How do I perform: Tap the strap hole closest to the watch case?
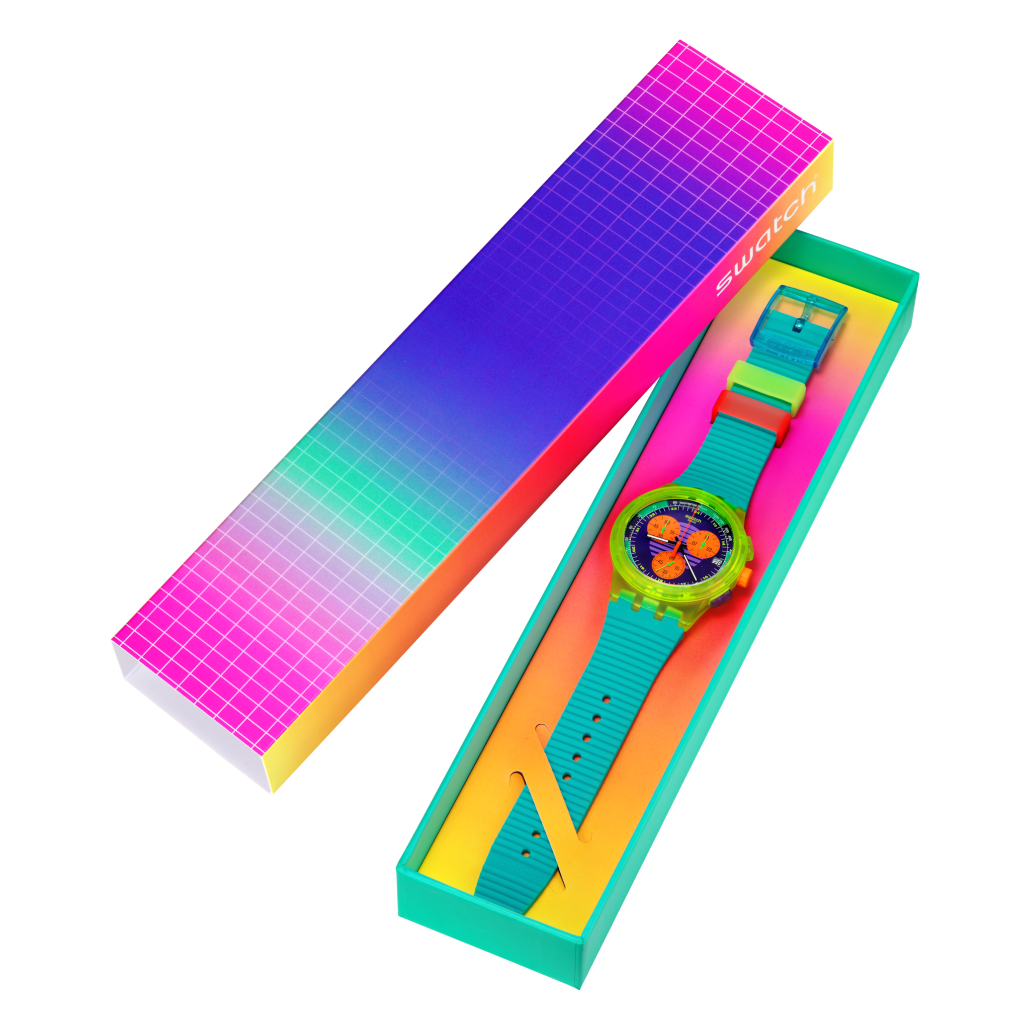pyautogui.click(x=607, y=698)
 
